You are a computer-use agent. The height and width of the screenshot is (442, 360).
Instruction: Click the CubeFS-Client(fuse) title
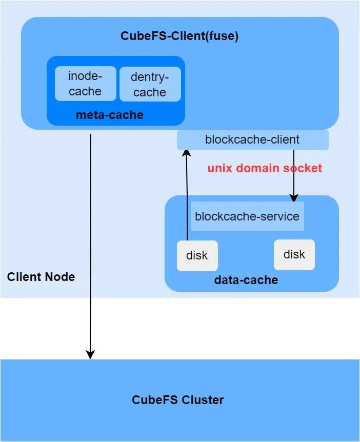(x=179, y=36)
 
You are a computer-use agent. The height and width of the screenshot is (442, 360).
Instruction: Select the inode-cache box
(x=86, y=84)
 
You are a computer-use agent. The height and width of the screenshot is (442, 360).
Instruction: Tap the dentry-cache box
(x=150, y=84)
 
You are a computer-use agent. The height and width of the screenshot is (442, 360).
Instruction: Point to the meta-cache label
(x=110, y=115)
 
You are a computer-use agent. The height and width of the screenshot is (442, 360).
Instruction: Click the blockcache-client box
(x=253, y=140)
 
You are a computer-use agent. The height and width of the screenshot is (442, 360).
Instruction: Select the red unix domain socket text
(x=265, y=168)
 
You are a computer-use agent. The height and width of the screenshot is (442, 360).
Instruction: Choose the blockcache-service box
(x=248, y=216)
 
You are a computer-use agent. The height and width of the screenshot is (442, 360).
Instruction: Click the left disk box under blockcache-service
(x=197, y=256)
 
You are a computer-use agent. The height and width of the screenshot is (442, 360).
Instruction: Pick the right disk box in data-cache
(x=294, y=254)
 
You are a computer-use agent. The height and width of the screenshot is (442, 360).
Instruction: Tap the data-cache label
(x=246, y=280)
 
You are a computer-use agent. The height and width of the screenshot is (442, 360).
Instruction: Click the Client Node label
(x=41, y=277)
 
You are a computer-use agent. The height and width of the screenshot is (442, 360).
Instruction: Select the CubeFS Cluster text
(x=177, y=400)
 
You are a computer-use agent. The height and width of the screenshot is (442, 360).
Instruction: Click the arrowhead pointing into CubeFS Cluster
(x=90, y=355)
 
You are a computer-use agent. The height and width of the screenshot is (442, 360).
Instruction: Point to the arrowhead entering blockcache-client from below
(x=187, y=153)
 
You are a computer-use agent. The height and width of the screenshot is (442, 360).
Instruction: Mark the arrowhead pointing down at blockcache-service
(x=294, y=198)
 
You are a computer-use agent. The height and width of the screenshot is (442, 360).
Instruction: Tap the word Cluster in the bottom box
(x=203, y=400)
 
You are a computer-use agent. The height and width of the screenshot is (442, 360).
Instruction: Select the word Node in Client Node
(x=60, y=277)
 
